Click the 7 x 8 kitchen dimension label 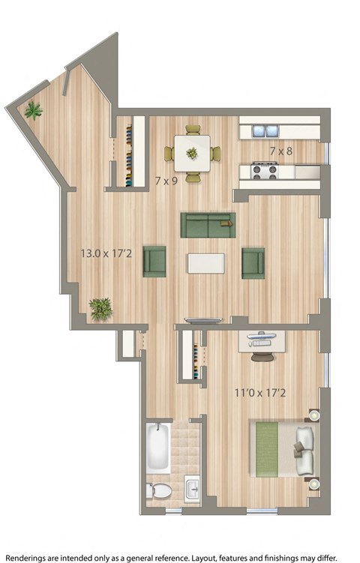tap(280, 151)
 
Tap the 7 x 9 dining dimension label tap(166, 180)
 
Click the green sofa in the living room tap(207, 223)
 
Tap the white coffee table tap(205, 263)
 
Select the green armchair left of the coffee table tap(154, 261)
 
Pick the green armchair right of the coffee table tap(253, 262)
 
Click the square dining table tap(192, 152)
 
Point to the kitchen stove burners tap(265, 171)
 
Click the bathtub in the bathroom tap(158, 448)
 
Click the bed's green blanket tap(267, 448)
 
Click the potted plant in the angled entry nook tap(32, 111)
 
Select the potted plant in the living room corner tap(100, 308)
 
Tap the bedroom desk tap(262, 341)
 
